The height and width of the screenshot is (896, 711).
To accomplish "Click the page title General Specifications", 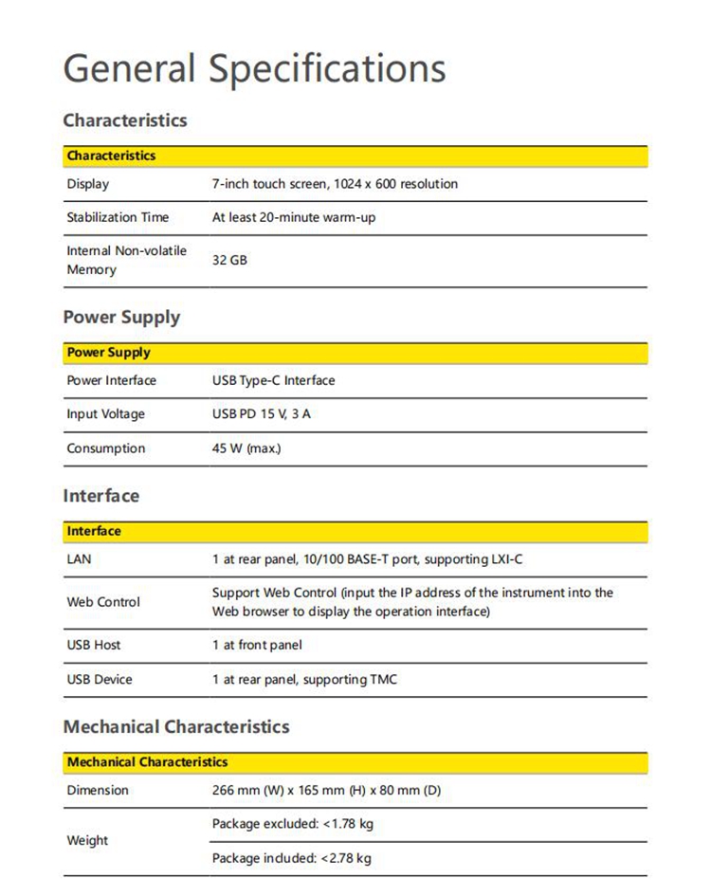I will point(254,69).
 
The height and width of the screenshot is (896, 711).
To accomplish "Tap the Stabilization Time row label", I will point(118,217).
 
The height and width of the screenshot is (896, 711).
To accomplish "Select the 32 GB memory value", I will point(229,259).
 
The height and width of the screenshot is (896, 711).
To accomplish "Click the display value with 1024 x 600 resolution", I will point(335,184).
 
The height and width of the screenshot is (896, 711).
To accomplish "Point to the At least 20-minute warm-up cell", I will point(294,217).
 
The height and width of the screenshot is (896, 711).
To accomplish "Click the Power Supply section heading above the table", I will point(121,317).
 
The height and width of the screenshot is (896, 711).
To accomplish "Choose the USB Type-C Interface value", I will point(273,380).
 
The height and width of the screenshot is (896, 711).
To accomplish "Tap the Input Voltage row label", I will point(105,414).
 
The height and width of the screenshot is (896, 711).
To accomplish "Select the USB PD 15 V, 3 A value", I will point(261,414).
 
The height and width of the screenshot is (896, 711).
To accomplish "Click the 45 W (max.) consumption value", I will point(246,448).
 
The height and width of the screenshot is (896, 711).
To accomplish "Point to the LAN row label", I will point(79,559).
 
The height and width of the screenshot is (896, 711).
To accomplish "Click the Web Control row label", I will point(102,602).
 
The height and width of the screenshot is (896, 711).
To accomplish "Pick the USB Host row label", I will point(93,645).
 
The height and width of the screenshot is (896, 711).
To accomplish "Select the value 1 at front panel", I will point(257,645).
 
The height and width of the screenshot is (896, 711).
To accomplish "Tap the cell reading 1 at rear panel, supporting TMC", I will point(304,679).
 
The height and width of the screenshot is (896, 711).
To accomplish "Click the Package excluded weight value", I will point(292,824).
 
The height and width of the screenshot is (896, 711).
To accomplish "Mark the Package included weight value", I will point(291,858).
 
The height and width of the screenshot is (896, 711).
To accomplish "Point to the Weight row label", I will point(87,840).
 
